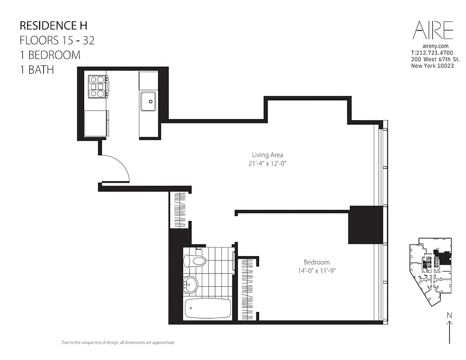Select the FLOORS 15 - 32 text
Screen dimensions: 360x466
click(x=57, y=40)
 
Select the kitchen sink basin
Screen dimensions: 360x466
click(x=148, y=101)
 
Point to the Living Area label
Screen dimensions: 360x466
click(x=267, y=156)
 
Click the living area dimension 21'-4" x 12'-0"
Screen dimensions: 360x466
click(x=267, y=164)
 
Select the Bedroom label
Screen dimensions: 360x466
click(x=316, y=262)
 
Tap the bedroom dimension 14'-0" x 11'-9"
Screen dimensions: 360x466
click(x=316, y=270)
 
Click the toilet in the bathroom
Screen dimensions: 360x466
click(x=195, y=260)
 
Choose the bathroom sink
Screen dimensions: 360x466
click(x=192, y=283)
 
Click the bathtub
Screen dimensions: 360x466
click(x=207, y=308)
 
